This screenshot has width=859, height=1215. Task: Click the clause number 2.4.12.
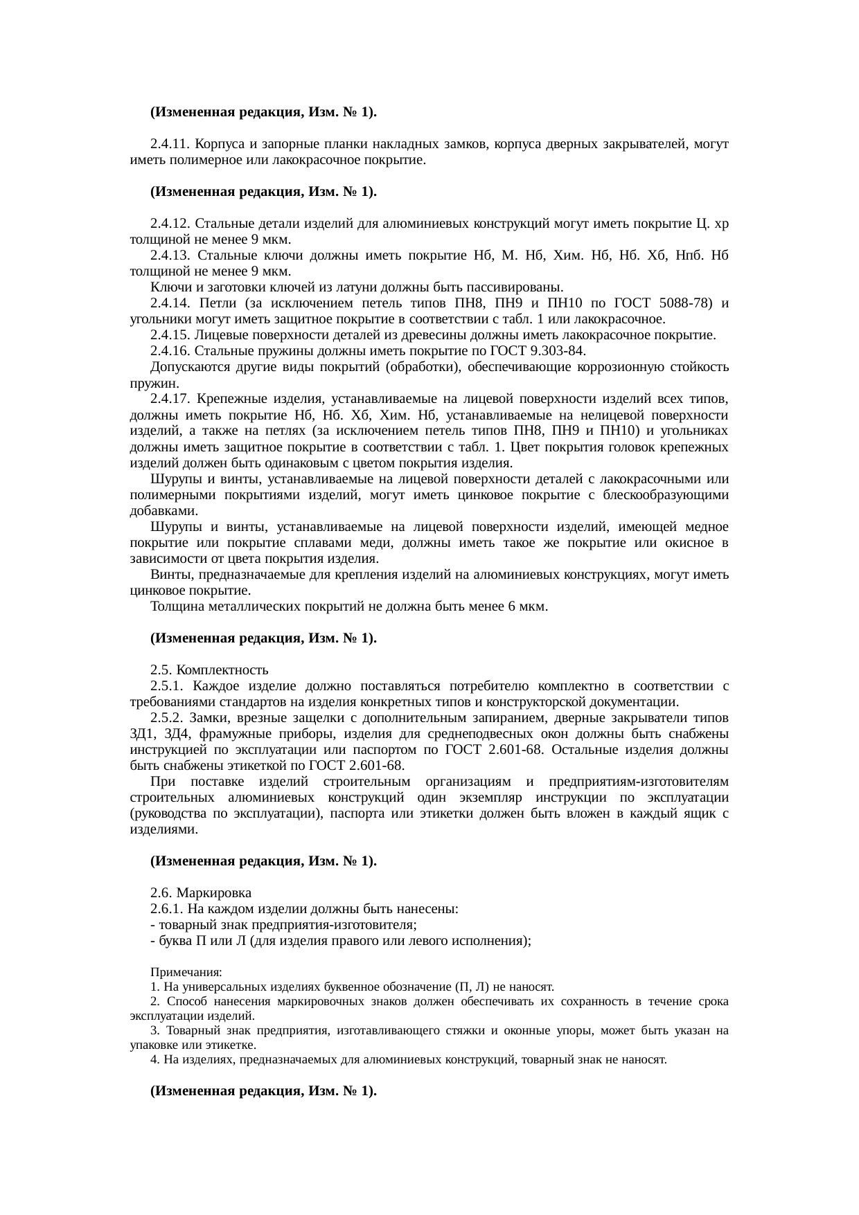170,224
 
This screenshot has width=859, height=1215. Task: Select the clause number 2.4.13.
170,255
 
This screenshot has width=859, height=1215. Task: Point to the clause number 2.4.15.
170,335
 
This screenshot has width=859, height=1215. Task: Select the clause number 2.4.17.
170,399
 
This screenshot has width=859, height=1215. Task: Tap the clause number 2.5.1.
167,686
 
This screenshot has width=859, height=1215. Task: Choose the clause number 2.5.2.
167,718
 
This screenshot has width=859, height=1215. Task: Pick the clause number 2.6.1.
167,909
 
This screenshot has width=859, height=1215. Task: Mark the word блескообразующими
666,495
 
